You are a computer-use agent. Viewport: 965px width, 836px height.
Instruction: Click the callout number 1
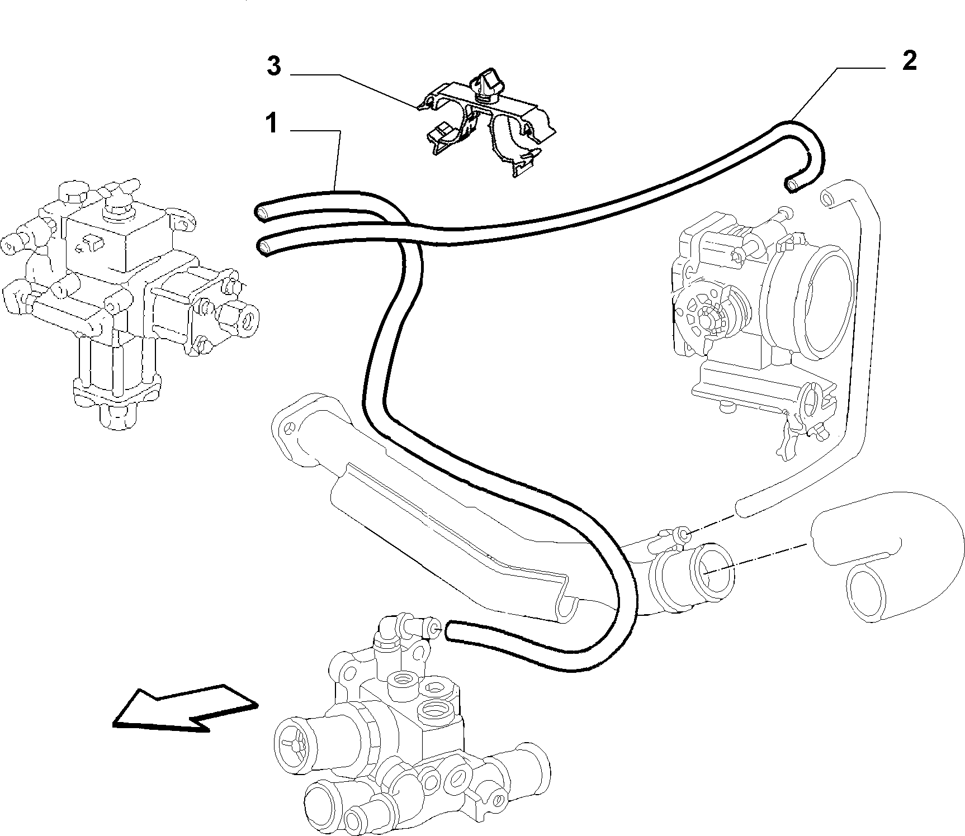pos(272,123)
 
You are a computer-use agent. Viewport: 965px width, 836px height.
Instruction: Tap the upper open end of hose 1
pos(262,211)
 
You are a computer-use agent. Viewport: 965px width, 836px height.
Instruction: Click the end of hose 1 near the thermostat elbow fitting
pos(452,630)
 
